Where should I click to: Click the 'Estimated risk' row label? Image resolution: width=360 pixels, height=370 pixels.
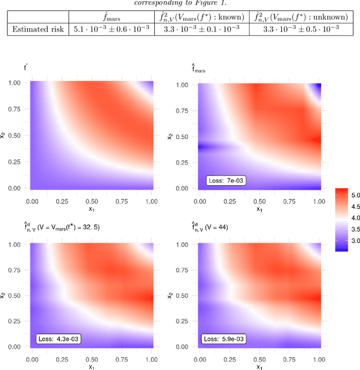click(x=38, y=28)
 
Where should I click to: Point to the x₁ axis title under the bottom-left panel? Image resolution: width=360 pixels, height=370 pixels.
click(x=92, y=367)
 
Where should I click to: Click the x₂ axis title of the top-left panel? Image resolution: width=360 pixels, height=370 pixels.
click(x=5, y=136)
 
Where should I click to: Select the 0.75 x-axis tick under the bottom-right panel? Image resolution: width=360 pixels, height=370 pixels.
click(x=290, y=359)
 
